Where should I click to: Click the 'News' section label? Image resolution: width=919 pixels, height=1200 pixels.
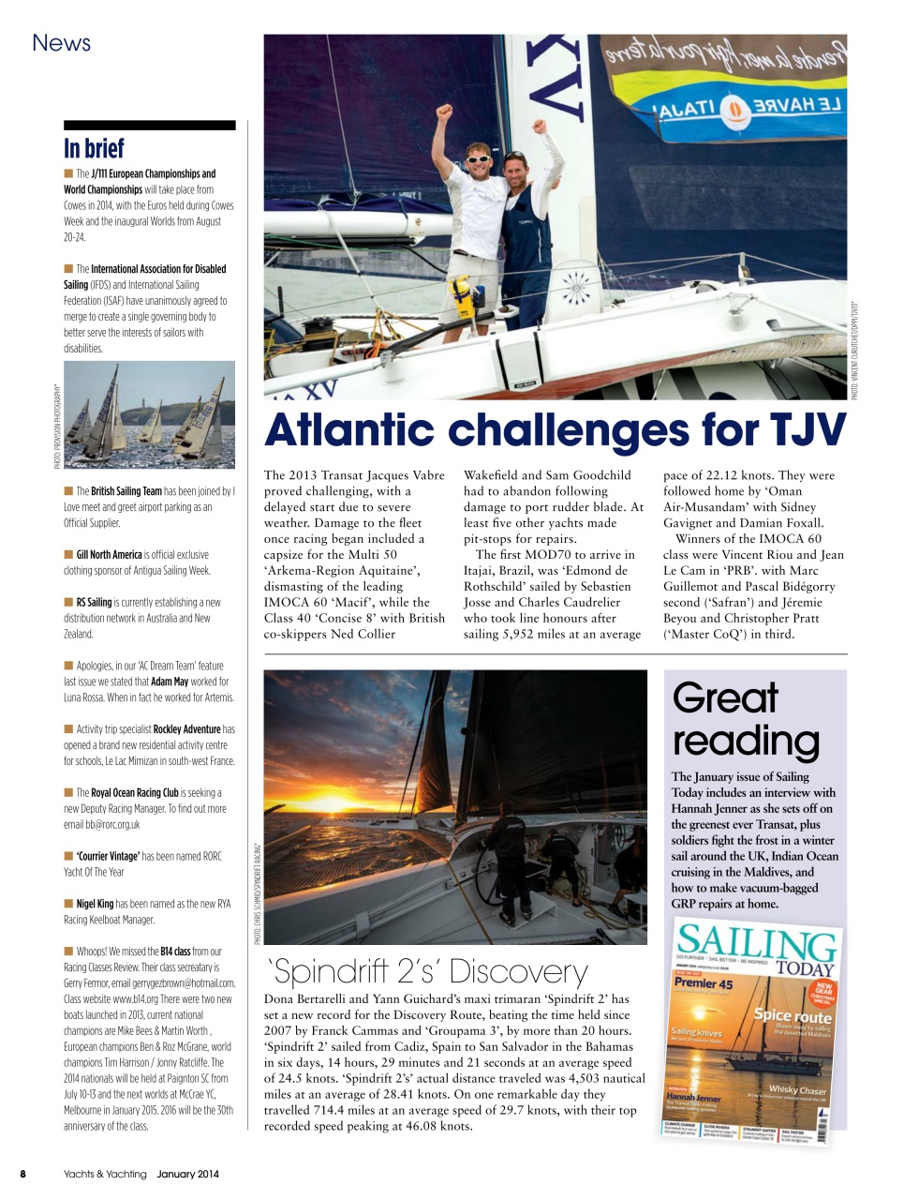coord(61,43)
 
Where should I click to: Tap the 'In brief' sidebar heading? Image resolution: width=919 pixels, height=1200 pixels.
coord(94,148)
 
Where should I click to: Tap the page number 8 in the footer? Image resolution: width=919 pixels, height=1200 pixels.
coord(23,1174)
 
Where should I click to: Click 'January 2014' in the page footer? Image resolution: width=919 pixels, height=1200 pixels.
coord(187,1174)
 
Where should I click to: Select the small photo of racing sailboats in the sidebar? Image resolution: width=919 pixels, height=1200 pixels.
coord(149,413)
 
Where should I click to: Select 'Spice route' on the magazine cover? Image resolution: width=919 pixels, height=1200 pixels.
coord(793,1015)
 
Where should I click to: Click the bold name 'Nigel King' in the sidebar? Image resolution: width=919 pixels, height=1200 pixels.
coord(95,904)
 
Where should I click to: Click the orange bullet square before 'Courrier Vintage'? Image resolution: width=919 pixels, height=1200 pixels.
coord(68,856)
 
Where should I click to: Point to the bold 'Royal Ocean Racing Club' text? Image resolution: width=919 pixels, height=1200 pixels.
coord(134,792)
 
